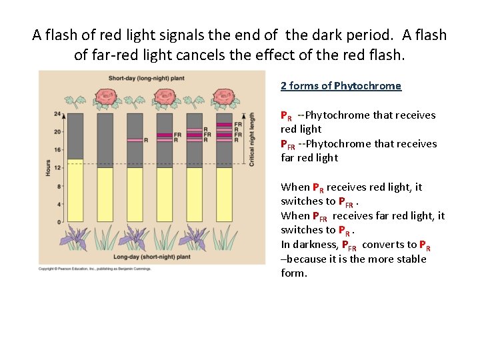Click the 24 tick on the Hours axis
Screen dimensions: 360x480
pyautogui.click(x=57, y=114)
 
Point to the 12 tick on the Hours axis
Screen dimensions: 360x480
pyautogui.click(x=57, y=168)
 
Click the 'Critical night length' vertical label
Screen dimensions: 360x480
pyautogui.click(x=251, y=139)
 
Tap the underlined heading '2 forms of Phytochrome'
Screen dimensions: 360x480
pyautogui.click(x=341, y=85)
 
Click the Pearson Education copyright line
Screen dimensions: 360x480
pyautogui.click(x=95, y=269)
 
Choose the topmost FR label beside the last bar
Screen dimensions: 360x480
pyautogui.click(x=239, y=125)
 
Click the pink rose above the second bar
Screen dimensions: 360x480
pyautogui.click(x=105, y=99)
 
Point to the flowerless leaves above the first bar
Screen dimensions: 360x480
pyautogui.click(x=76, y=101)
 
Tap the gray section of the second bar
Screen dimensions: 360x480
pyautogui.click(x=105, y=140)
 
